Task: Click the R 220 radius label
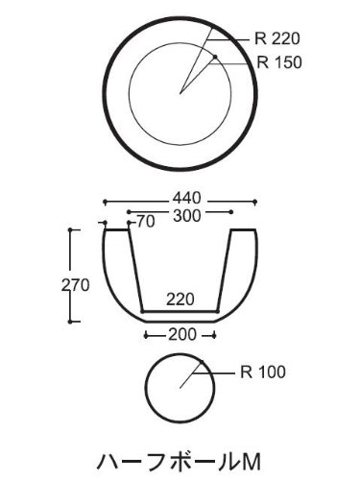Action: (277, 38)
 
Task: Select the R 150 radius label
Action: (279, 62)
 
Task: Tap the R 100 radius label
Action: (263, 372)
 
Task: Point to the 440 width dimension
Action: (187, 199)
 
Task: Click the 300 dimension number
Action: (187, 216)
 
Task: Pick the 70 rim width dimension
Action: (146, 222)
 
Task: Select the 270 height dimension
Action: (76, 285)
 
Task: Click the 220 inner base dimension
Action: (180, 300)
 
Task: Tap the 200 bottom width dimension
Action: (182, 335)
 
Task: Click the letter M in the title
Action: (252, 462)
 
